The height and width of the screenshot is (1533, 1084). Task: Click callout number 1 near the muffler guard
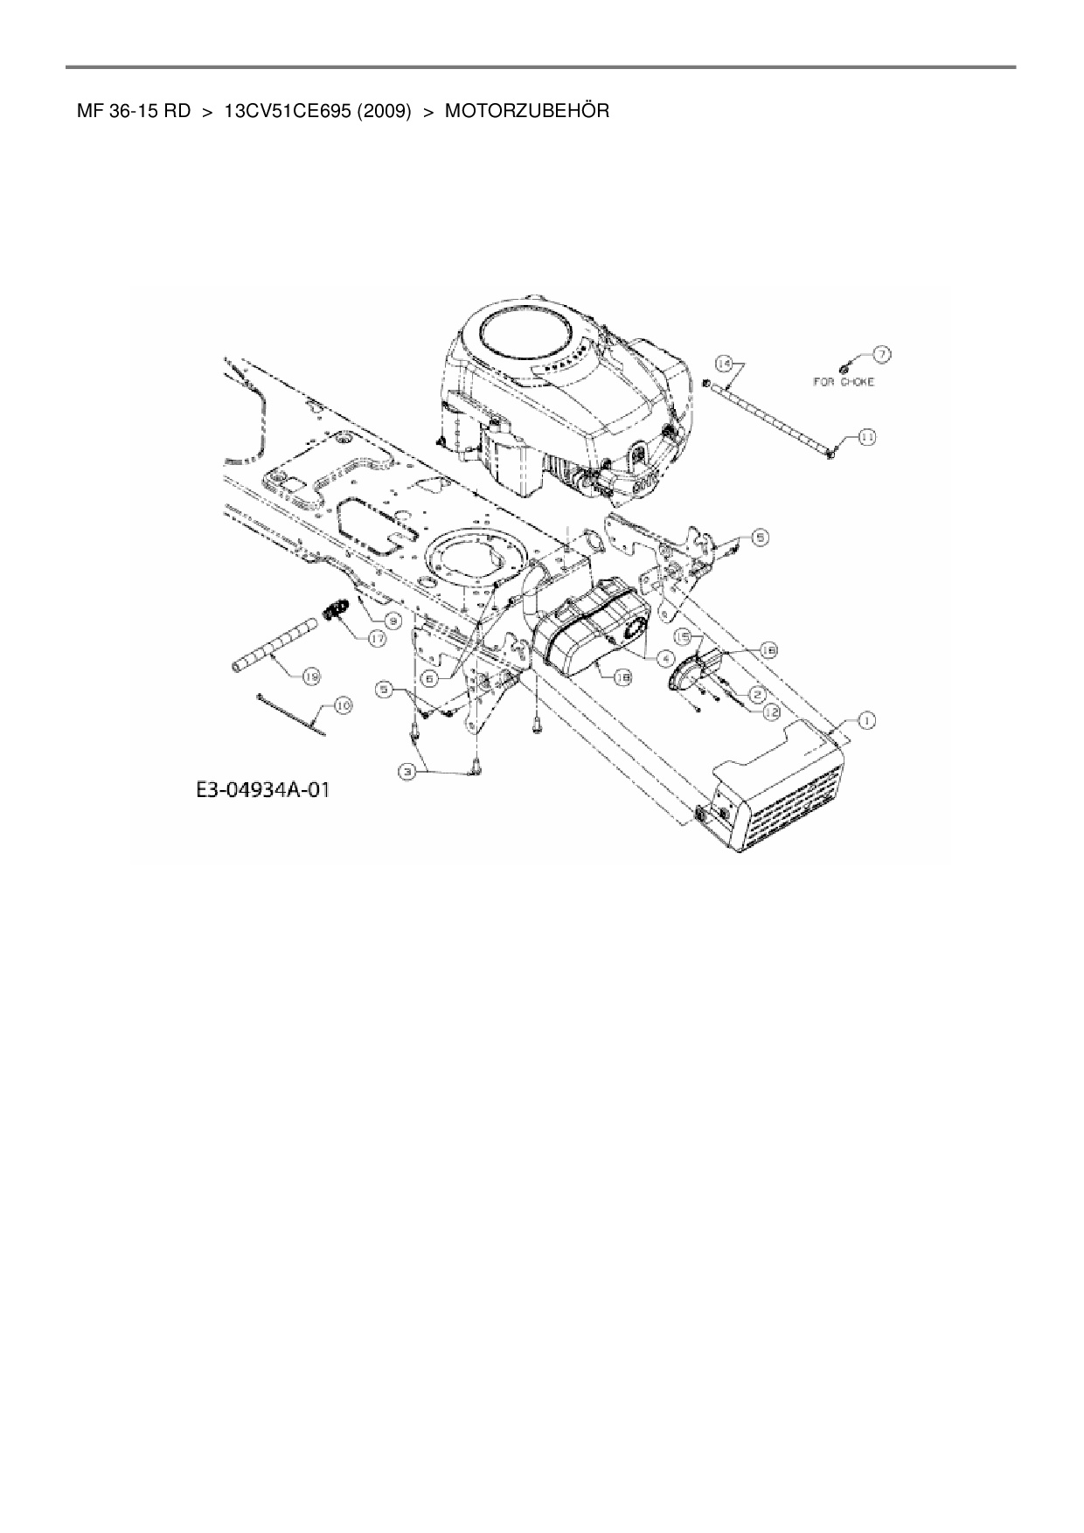tap(866, 720)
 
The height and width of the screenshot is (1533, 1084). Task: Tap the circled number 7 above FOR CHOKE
tap(881, 354)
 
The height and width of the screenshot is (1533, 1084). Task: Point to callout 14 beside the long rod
tap(723, 363)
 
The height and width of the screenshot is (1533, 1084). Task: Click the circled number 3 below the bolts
tap(406, 771)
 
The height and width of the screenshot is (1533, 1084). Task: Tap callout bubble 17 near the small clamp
tap(377, 639)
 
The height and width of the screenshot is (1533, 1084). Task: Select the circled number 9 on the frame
tap(393, 620)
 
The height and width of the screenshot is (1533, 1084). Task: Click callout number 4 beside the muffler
tap(666, 658)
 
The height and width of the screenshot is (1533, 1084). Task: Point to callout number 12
tap(770, 712)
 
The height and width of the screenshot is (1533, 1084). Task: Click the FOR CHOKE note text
tap(844, 382)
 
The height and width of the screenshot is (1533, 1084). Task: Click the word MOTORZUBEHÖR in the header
tap(527, 112)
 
